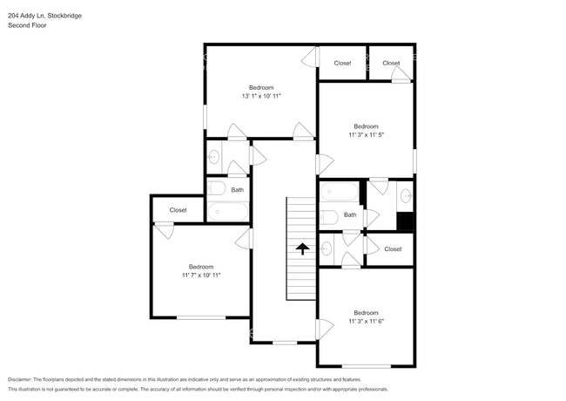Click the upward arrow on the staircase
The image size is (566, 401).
pyautogui.click(x=302, y=248)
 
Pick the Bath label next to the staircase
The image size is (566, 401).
pyautogui.click(x=350, y=214)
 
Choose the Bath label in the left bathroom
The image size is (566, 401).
pyautogui.click(x=237, y=189)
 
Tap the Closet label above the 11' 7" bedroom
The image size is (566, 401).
pyautogui.click(x=178, y=210)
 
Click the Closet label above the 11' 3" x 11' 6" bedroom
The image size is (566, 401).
pyautogui.click(x=393, y=249)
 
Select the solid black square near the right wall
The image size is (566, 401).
pyautogui.click(x=405, y=221)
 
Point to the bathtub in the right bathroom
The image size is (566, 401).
pyautogui.click(x=339, y=191)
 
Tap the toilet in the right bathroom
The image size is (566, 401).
pyautogui.click(x=329, y=216)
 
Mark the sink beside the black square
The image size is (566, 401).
pyautogui.click(x=406, y=195)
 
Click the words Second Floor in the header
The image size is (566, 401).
pyautogui.click(x=27, y=25)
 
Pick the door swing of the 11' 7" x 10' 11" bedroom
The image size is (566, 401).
pyautogui.click(x=246, y=238)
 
